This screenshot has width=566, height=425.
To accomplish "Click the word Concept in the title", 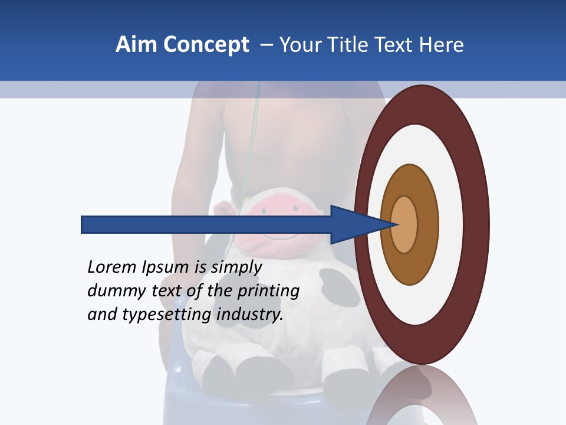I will [x=206, y=45].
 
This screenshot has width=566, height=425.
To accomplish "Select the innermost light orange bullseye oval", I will [x=404, y=224].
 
